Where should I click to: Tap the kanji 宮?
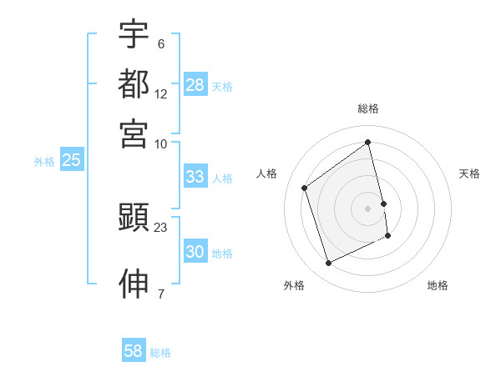point(134,133)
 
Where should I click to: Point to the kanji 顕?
point(134,218)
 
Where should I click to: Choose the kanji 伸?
point(134,284)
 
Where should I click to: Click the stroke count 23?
point(161,227)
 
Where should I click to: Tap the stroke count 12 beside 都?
point(161,93)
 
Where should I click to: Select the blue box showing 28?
point(195,85)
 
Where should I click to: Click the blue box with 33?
point(195,177)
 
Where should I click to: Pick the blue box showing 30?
point(195,252)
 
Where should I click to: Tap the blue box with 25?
point(71,161)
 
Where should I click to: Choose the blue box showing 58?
point(134,351)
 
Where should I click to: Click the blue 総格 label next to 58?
point(160,353)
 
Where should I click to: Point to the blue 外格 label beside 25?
point(44,162)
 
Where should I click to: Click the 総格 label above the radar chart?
point(368,108)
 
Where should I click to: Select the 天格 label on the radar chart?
point(469,173)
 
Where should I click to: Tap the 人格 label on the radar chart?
point(267,173)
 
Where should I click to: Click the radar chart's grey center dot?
point(368,208)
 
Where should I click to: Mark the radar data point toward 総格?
point(368,142)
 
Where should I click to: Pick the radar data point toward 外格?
point(328,264)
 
